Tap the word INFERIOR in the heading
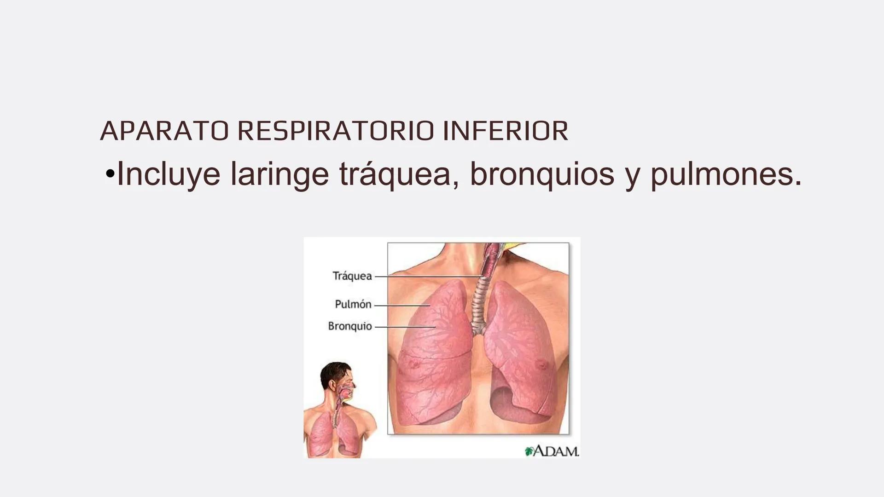(x=505, y=131)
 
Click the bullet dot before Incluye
(x=110, y=175)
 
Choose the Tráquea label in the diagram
(x=352, y=276)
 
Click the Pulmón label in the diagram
(x=353, y=304)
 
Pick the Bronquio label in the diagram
(x=350, y=326)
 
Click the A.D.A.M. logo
(x=552, y=451)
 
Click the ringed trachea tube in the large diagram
(x=481, y=299)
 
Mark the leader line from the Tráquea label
(x=428, y=277)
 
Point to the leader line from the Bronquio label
(x=405, y=327)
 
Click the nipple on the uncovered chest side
(x=543, y=364)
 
